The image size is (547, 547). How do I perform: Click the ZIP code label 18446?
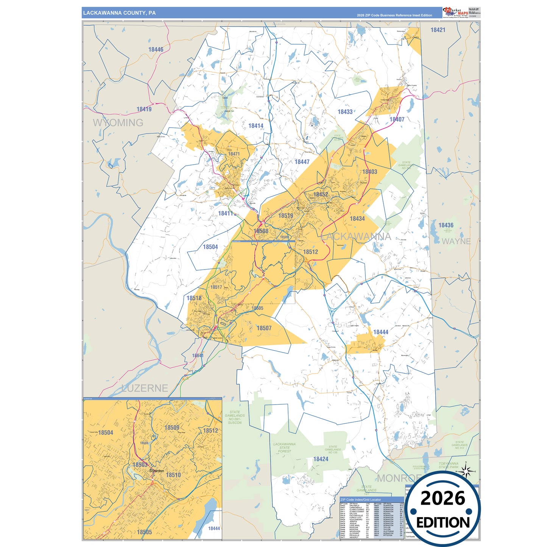(156, 50)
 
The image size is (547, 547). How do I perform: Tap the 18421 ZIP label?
(438, 30)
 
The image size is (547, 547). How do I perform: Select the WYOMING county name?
(118, 123)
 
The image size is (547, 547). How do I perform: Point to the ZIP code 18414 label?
(256, 126)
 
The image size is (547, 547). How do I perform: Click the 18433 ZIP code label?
(345, 112)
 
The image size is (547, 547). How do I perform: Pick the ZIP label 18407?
(397, 119)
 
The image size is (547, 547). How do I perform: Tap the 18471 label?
(234, 154)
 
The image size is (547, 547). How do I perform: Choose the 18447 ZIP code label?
(302, 162)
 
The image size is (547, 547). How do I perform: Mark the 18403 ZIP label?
(369, 172)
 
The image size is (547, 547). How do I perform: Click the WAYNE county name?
(456, 242)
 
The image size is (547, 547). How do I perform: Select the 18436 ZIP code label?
(446, 225)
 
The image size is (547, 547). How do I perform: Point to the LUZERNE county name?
(145, 388)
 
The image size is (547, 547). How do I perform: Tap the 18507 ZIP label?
(264, 328)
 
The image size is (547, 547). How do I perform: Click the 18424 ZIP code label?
(321, 459)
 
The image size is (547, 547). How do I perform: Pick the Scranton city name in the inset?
(157, 471)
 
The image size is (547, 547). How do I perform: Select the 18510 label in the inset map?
(173, 475)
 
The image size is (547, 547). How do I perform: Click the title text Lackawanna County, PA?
(119, 13)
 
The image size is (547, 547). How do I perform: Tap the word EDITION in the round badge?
(443, 523)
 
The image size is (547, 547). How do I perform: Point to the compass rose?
(466, 472)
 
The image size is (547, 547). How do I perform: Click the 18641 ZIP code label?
(198, 355)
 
